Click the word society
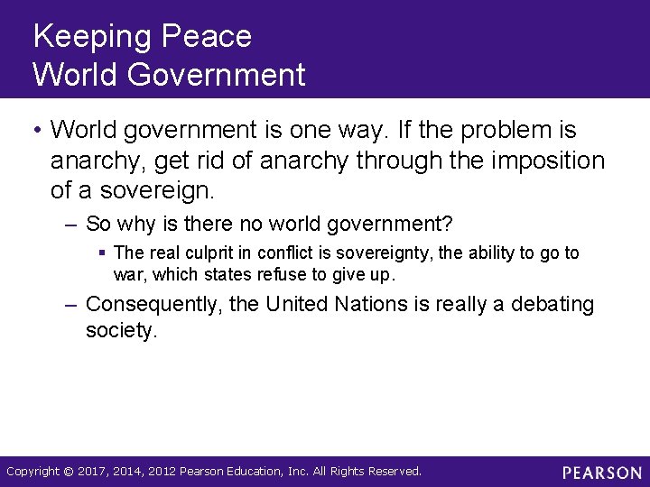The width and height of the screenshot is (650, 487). click(x=121, y=331)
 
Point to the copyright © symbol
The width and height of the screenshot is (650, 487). click(x=70, y=472)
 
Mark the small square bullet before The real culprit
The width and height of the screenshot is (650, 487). click(x=104, y=253)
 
